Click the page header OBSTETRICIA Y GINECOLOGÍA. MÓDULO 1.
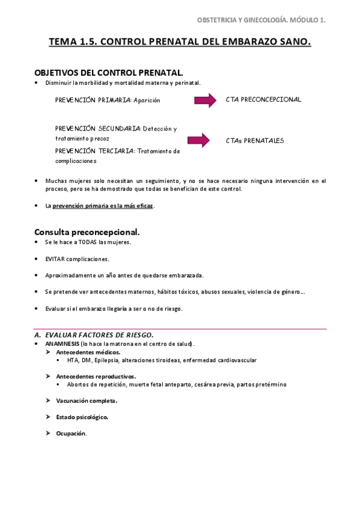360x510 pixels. (x=261, y=20)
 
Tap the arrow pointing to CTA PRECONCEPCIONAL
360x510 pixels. (x=205, y=100)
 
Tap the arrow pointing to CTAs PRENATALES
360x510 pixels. (x=198, y=141)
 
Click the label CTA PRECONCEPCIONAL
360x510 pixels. (x=263, y=99)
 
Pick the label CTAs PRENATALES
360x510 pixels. (x=255, y=141)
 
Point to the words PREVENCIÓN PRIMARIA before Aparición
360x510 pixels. (x=93, y=100)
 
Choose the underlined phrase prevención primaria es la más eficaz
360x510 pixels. (x=103, y=206)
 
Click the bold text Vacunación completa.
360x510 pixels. (x=87, y=400)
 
